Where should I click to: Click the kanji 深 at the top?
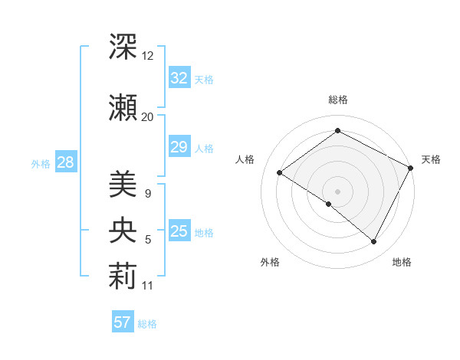[123, 47]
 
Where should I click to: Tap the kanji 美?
[123, 184]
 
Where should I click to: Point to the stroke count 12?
[148, 57]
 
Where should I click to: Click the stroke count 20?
[148, 116]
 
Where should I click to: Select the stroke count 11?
[148, 286]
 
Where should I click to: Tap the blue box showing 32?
[179, 78]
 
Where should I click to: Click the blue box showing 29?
[179, 147]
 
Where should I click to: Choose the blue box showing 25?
[179, 231]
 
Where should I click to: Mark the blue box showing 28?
[65, 162]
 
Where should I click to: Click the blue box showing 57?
[123, 322]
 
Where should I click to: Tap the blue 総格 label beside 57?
[147, 323]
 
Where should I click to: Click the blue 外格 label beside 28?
[41, 163]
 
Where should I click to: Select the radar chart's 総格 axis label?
[337, 100]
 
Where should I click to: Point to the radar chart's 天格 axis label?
[431, 159]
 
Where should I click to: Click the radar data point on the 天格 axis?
[410, 168]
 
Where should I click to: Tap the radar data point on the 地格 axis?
[374, 241]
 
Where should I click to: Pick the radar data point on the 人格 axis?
[280, 172]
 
